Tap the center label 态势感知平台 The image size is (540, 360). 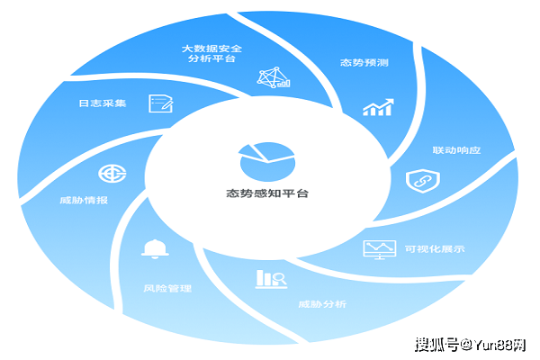click(x=267, y=193)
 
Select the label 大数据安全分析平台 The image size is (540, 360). click(x=212, y=53)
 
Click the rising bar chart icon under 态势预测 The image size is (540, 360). click(x=377, y=108)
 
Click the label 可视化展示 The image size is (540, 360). click(x=435, y=249)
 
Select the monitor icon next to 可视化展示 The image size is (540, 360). click(x=379, y=248)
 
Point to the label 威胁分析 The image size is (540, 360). click(x=322, y=303)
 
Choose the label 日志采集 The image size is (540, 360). click(x=103, y=103)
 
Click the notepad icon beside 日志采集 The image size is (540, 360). click(x=161, y=103)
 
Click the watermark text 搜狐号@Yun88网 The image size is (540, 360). click(x=472, y=343)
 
